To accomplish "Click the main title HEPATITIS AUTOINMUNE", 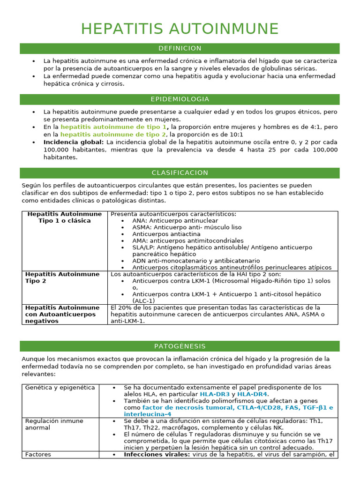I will pos(180,29).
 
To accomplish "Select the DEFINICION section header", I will pos(180,49).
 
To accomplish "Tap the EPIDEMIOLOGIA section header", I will pos(180,99).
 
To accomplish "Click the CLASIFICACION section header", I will pos(180,173).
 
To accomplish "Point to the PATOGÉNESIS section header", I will pos(180,346).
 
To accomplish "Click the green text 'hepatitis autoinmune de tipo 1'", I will pos(113,127).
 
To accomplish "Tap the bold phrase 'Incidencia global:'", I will pos(74,142).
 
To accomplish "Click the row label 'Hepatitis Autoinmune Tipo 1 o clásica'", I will pos(65,217).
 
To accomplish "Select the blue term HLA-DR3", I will pos(215,395).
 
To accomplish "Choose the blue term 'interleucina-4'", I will pos(147,414).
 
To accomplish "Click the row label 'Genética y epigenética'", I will pos(60,388).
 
